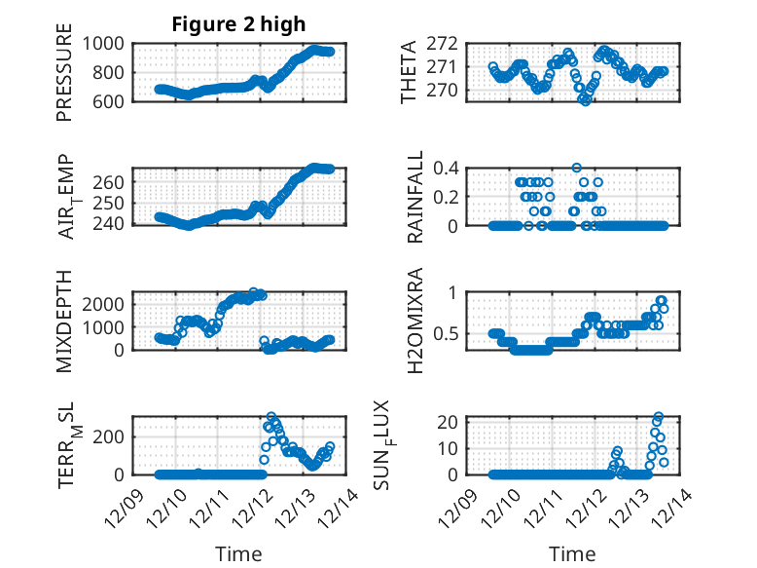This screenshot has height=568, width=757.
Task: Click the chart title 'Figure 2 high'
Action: point(238,24)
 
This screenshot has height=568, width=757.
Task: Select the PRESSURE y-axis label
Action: point(64,78)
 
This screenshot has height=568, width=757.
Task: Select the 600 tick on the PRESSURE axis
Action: point(110,101)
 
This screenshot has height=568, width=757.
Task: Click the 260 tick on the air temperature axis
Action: point(110,182)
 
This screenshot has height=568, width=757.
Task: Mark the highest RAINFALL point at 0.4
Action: point(577,168)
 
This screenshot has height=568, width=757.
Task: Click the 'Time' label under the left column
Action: point(238,554)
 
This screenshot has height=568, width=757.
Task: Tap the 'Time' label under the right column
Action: point(572,554)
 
